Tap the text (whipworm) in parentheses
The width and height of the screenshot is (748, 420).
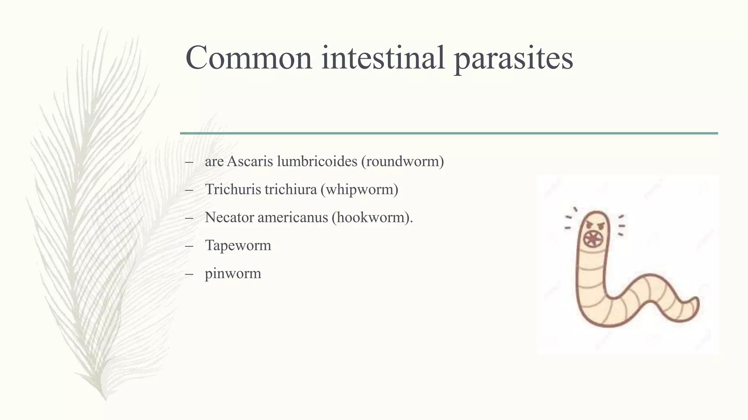click(x=359, y=190)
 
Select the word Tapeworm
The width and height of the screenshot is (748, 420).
click(x=238, y=246)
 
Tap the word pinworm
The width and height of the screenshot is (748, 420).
click(x=233, y=274)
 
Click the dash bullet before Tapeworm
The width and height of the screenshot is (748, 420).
click(x=189, y=246)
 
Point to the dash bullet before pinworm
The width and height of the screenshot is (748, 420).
click(x=189, y=274)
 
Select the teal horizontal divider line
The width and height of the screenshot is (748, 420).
click(x=449, y=133)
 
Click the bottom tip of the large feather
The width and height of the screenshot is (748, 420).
click(x=105, y=399)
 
